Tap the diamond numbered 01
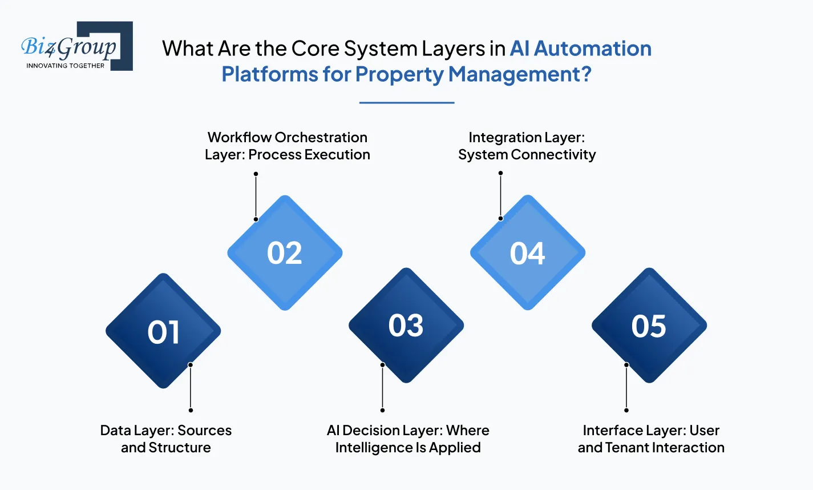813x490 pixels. point(163,331)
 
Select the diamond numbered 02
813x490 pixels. point(285,253)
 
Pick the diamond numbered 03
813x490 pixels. point(406,326)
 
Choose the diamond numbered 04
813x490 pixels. point(527,253)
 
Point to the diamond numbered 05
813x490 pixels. point(649,326)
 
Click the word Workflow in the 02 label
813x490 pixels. point(239,138)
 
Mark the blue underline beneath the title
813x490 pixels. point(406,103)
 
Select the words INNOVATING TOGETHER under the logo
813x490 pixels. point(66,66)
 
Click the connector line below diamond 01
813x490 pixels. point(191,387)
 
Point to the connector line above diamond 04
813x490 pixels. point(500,195)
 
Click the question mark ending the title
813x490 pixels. point(585,75)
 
